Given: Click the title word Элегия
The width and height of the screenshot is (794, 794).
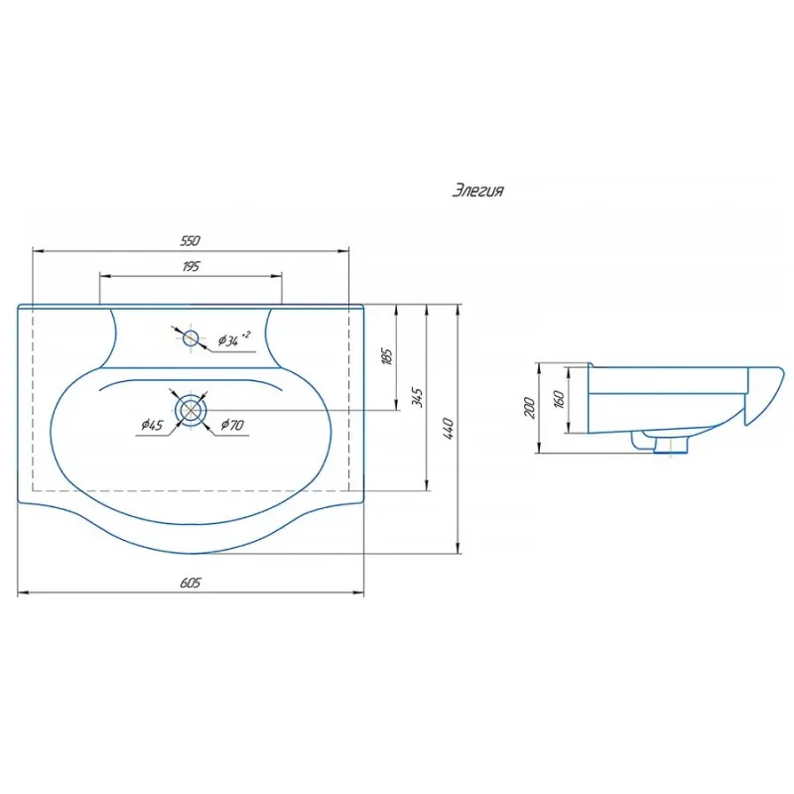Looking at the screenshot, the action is point(477,191).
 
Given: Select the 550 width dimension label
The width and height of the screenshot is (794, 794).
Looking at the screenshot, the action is point(191,240).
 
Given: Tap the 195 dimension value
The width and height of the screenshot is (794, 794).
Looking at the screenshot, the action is point(191,266).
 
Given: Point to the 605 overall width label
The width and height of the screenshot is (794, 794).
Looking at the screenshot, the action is point(191,583).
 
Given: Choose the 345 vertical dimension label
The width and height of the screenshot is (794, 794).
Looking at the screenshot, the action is point(417,397).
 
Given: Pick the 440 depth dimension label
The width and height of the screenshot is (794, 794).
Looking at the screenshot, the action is point(449,429).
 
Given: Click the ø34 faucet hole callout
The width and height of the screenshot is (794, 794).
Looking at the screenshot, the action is point(233,338).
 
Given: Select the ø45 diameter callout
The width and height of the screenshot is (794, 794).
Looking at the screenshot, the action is point(153,425).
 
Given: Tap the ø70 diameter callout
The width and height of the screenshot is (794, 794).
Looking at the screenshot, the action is point(232,425).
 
